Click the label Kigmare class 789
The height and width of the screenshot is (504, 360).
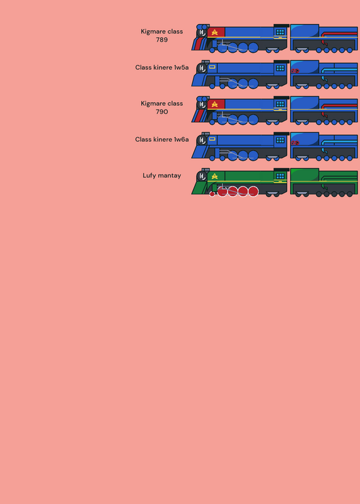[162, 35]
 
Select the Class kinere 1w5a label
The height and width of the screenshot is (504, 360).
[162, 67]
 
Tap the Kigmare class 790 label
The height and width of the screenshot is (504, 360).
[162, 107]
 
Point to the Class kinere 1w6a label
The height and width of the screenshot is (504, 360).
[162, 139]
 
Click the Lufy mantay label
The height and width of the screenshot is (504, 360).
[162, 176]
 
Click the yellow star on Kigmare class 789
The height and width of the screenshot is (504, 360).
[214, 32]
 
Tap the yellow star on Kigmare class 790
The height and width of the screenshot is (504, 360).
[214, 104]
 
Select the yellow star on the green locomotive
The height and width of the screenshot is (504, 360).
[214, 176]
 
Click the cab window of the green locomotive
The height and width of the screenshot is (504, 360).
[280, 176]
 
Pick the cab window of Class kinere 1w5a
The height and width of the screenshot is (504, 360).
[280, 68]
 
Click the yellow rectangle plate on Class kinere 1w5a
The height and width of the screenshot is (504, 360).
[212, 67]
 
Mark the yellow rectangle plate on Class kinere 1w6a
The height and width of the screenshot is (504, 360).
[212, 139]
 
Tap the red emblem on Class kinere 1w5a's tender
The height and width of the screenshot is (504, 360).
[295, 71]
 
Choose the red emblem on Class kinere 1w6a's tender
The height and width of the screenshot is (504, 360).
[295, 143]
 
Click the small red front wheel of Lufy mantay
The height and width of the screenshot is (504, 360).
[212, 194]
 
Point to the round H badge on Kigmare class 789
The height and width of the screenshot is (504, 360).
[202, 32]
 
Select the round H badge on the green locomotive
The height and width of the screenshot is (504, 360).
[202, 176]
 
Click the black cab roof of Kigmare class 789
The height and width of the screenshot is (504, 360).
[281, 26]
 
